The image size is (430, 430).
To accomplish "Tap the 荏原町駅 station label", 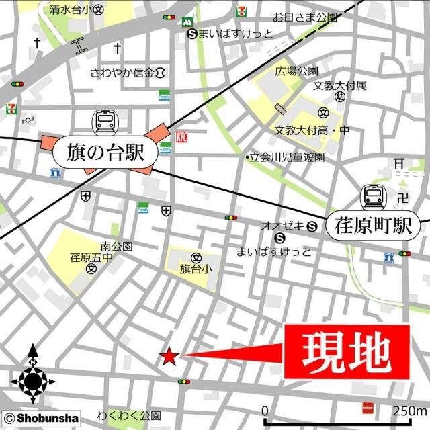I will [373, 226].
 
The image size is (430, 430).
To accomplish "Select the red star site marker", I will [169, 356].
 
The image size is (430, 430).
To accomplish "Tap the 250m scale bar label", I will [410, 411].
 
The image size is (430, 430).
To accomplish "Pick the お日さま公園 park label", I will [304, 16].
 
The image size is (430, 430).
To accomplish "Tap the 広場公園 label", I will [296, 71].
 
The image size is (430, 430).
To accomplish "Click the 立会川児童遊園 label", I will [287, 157].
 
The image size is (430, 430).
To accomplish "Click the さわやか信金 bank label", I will [123, 72].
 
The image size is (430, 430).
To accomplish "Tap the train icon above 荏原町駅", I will [372, 197].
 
